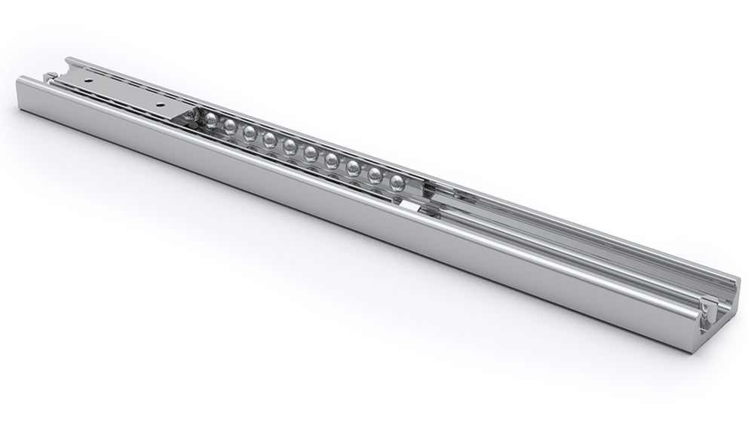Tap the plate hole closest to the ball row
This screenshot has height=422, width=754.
tap(158, 99)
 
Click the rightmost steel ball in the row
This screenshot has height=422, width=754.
tap(397, 181)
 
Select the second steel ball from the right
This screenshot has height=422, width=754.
tap(375, 173)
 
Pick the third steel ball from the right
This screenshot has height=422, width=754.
tap(353, 166)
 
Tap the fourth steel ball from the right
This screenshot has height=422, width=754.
tap(332, 160)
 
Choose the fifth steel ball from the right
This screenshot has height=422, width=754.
tap(311, 153)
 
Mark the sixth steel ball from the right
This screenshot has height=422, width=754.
tap(290, 145)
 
